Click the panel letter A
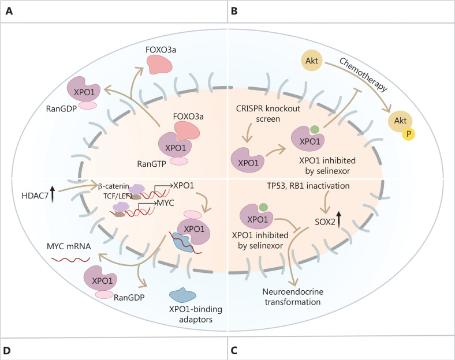[9, 12]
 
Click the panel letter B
[235, 12]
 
